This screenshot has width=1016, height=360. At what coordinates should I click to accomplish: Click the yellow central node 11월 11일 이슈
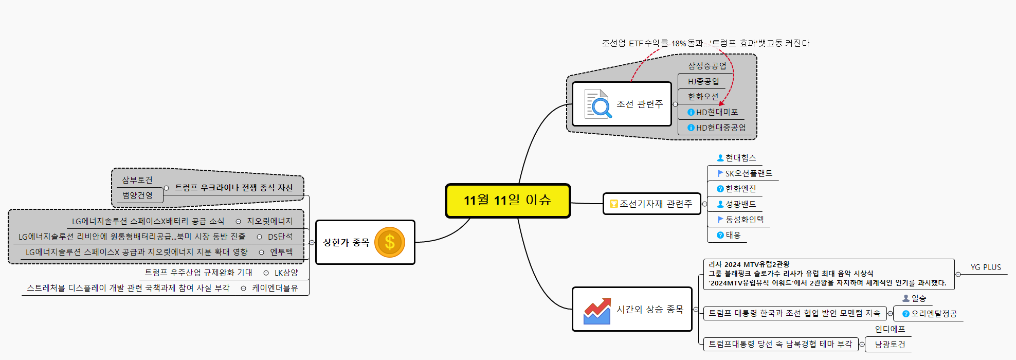tap(507, 201)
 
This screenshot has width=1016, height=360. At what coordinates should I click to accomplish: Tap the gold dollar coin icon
tap(390, 242)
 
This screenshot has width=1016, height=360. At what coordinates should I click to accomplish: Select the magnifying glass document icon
tap(598, 104)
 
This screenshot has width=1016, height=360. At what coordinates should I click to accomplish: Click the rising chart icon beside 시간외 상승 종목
tap(597, 311)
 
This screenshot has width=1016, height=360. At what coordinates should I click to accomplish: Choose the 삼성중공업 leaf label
tap(707, 66)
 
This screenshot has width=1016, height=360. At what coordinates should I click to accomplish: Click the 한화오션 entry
tap(703, 97)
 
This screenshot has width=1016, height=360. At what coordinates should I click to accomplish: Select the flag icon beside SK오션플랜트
tap(720, 173)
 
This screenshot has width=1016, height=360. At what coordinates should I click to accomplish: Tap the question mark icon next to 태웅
tap(720, 235)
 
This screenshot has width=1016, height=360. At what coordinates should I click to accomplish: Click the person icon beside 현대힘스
tap(720, 158)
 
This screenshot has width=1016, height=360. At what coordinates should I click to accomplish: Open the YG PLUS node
tap(986, 267)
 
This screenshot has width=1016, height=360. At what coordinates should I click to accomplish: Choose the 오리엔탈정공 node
tap(934, 314)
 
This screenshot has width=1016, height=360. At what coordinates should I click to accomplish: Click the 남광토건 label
tap(890, 345)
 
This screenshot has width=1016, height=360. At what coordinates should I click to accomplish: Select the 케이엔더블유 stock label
tap(275, 288)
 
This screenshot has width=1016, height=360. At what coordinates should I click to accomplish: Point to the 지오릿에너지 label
tap(269, 221)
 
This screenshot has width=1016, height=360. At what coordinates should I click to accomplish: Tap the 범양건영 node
tap(137, 195)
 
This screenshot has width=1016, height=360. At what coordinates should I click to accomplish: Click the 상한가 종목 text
tap(346, 242)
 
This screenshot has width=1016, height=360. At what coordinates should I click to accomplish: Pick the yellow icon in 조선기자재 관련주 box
tap(613, 204)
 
